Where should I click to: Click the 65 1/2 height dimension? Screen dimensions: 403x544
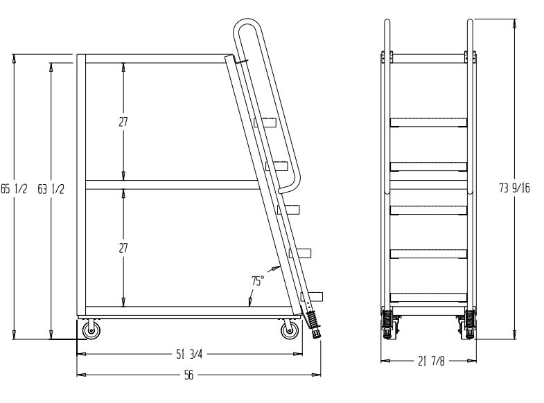14,190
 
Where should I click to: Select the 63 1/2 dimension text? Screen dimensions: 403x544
51,190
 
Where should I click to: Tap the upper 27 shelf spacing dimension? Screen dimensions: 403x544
123,121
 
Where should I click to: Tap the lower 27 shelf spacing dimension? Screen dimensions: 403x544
123,247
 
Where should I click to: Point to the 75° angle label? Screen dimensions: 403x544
257,281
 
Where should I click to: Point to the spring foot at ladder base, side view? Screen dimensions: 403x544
315,324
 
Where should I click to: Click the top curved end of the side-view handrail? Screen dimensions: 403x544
245,28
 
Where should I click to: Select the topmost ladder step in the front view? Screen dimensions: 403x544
428,123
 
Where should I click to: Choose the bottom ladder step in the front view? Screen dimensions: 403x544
428,298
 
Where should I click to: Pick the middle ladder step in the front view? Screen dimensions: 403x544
428,210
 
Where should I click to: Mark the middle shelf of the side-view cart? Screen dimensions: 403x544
170,185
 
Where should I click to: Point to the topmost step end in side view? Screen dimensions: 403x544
265,123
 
